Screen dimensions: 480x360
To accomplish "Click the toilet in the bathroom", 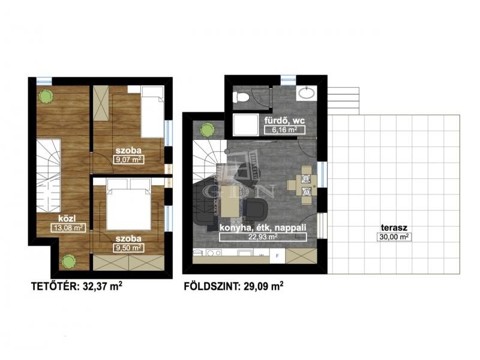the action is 242,98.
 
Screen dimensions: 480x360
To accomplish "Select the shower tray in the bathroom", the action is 244,125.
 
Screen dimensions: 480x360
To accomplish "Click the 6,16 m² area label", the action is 284,130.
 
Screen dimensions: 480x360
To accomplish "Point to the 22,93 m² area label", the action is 263,236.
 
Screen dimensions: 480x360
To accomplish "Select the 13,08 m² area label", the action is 68,227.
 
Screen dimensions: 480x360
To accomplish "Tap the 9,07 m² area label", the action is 128,160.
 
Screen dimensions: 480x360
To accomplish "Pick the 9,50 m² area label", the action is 128,247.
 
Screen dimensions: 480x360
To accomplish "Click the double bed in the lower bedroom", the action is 129,205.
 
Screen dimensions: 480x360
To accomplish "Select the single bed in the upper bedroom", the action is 152,112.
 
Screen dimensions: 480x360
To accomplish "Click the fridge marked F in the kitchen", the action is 277,256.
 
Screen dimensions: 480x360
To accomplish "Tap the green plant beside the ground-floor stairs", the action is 208,130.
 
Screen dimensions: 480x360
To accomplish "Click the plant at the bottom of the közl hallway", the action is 68,262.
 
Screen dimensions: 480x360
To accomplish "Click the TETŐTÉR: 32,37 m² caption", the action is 77,286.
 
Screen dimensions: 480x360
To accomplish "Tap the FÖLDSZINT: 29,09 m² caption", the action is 233,286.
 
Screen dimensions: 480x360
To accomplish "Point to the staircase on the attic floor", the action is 49,176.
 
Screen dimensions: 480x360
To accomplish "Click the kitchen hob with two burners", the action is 214,253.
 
